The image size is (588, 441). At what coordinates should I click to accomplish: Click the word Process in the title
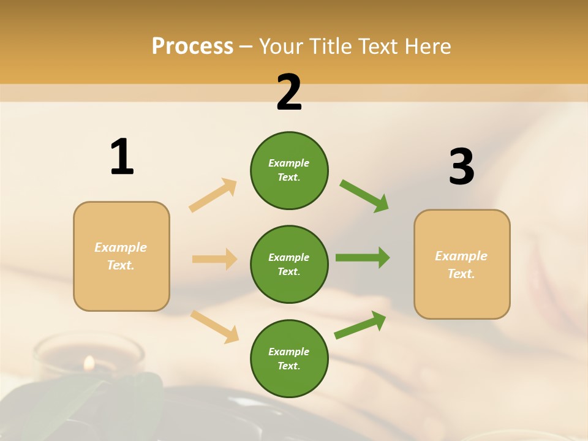pyautogui.click(x=192, y=47)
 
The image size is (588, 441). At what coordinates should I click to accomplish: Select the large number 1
pyautogui.click(x=122, y=157)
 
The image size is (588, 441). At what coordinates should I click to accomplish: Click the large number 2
pyautogui.click(x=289, y=92)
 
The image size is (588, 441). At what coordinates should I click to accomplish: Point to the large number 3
pyautogui.click(x=461, y=167)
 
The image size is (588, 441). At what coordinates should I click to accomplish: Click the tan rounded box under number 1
pyautogui.click(x=121, y=256)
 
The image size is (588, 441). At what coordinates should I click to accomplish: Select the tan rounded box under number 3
pyautogui.click(x=462, y=264)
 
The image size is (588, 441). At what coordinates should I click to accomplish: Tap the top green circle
pyautogui.click(x=289, y=170)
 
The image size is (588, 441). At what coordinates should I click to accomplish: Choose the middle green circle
pyautogui.click(x=289, y=264)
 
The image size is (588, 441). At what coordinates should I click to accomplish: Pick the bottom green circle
pyautogui.click(x=289, y=358)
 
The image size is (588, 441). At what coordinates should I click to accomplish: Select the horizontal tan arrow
pyautogui.click(x=214, y=259)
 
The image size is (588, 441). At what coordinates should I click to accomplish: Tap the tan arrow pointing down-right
pyautogui.click(x=214, y=326)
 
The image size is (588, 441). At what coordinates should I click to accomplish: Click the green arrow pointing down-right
pyautogui.click(x=364, y=196)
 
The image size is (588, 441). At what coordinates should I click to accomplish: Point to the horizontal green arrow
pyautogui.click(x=363, y=258)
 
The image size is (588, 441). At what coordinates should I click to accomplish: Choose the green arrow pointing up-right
pyautogui.click(x=360, y=325)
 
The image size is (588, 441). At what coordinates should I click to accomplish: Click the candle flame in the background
pyautogui.click(x=89, y=363)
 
